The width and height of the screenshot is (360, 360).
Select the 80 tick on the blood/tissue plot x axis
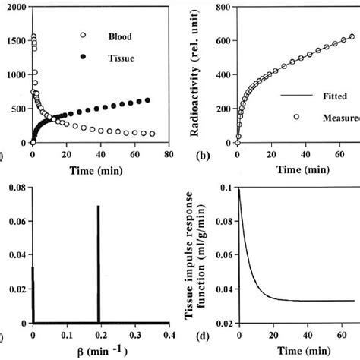(168, 153)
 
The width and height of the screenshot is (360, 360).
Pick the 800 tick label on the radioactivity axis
(219, 7)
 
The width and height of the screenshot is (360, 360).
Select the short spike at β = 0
(33, 292)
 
